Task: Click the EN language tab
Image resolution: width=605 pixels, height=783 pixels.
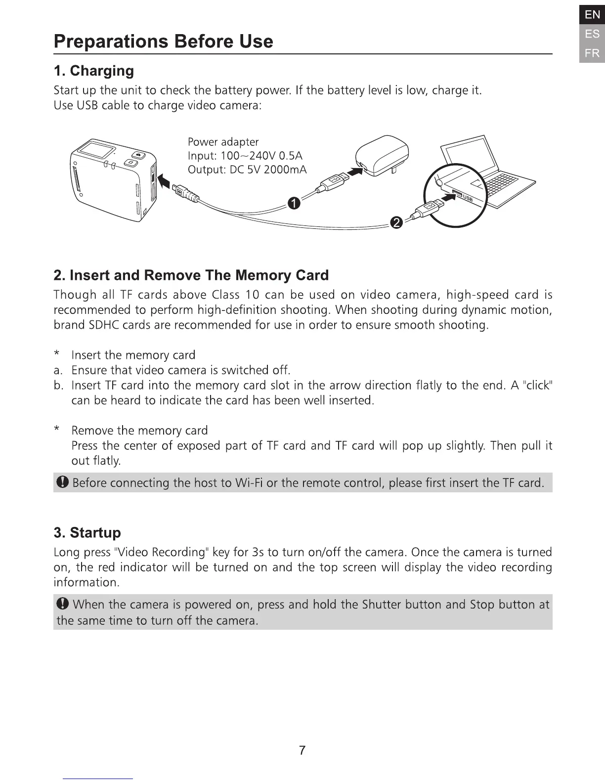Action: (592, 15)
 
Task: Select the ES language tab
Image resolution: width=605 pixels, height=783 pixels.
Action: (592, 34)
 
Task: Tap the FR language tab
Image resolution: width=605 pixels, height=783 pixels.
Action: (592, 53)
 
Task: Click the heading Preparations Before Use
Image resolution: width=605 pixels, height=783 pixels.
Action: (163, 41)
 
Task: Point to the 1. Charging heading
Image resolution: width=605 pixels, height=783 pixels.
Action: (93, 71)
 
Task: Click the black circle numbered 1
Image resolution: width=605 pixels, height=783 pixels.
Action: (294, 203)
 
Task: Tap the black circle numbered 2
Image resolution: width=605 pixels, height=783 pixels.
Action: (396, 223)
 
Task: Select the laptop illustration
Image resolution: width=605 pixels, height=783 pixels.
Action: (487, 171)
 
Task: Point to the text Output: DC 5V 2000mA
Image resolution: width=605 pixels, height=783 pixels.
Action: (247, 170)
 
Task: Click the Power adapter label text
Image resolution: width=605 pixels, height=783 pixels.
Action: (223, 142)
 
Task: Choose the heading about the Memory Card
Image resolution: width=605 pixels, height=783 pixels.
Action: (191, 275)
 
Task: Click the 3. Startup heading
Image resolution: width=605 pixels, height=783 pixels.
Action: (87, 533)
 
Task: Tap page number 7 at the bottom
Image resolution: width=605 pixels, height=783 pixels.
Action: (302, 750)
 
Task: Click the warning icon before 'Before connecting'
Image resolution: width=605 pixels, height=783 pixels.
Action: (62, 482)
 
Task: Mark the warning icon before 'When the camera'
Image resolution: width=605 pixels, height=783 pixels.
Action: (62, 604)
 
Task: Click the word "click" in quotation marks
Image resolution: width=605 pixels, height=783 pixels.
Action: (537, 385)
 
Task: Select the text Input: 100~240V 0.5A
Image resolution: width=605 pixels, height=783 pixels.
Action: (245, 156)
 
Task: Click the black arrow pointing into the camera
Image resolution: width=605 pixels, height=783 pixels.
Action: (165, 178)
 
